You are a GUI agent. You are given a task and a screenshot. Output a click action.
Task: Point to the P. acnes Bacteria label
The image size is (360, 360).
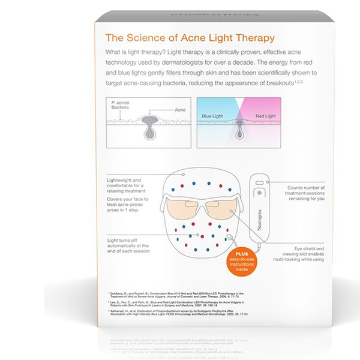[122, 107]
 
